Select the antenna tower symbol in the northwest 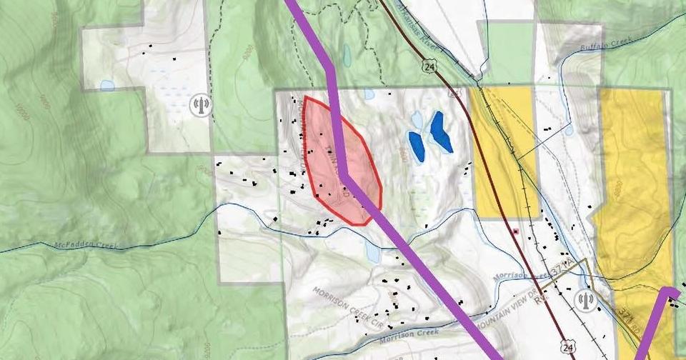[201, 106]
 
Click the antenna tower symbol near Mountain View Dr [585, 300]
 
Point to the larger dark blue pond [441, 131]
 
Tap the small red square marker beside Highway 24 [514, 231]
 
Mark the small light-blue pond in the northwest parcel [107, 86]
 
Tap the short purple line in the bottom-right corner [654, 321]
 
